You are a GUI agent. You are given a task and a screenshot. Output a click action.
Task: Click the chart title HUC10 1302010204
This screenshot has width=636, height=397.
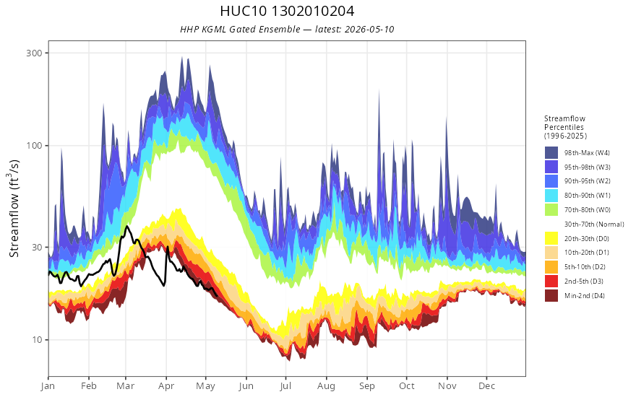pos(287,11)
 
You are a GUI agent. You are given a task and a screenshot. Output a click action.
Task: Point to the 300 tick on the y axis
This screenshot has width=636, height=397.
pos(34,53)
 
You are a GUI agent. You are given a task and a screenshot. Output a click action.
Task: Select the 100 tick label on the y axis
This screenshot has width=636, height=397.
pos(34,145)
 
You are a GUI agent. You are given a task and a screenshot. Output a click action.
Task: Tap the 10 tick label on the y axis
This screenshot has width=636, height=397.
pos(37,339)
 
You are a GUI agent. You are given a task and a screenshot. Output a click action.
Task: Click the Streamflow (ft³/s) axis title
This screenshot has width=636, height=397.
pos(14,209)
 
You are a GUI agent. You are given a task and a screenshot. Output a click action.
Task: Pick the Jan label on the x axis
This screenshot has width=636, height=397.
pos(48,386)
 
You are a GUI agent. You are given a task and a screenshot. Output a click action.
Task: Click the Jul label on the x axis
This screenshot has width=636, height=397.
pos(285,386)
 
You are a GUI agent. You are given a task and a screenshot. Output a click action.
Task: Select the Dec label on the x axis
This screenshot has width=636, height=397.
pos(486,386)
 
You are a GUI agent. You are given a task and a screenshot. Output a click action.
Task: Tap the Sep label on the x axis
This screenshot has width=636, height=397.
pos(366,386)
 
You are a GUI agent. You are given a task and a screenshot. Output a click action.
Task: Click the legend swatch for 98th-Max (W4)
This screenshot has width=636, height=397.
pos(551,153)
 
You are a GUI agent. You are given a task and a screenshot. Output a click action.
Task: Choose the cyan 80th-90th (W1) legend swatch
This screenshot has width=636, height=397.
pos(551,196)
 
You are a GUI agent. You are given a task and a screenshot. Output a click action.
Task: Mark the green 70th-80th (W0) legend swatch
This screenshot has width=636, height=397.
pos(551,210)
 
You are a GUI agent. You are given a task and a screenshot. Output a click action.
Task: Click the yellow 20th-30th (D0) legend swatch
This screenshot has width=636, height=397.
pos(551,239)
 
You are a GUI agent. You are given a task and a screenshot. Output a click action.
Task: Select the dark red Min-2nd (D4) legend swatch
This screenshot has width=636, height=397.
pos(551,296)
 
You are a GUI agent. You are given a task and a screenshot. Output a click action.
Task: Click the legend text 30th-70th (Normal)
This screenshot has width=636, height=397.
pos(594,224)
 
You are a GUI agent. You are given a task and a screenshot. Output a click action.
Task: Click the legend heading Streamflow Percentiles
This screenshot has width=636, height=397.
pos(564,123)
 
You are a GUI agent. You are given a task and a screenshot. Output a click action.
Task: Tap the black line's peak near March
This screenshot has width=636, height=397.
pos(127,226)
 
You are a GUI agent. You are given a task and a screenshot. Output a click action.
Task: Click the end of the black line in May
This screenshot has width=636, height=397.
pos(217,295)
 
